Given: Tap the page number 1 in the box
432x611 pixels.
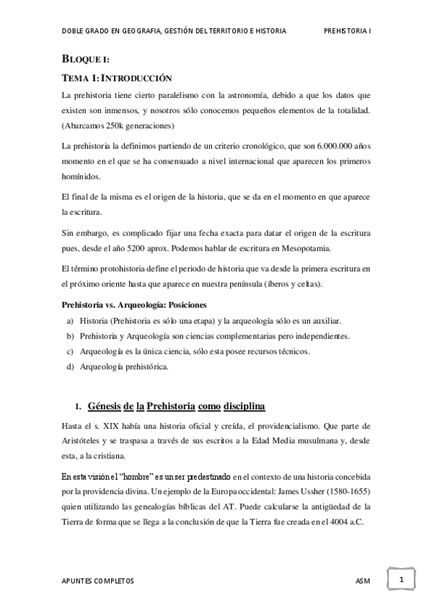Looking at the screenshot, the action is (401, 579).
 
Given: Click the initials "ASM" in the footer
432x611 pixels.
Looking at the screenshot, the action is (363, 580).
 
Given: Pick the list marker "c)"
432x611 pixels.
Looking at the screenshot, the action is (70, 352).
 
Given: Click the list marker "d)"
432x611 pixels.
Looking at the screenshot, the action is (70, 367).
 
